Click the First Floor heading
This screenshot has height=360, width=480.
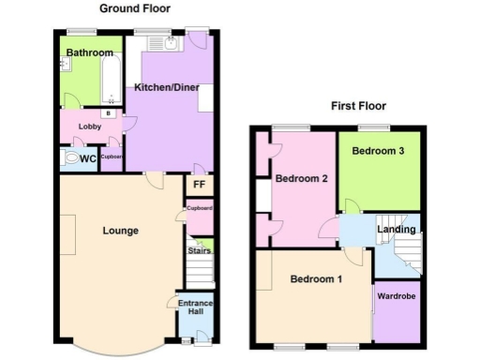point(358,106)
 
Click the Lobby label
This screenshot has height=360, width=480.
point(90,127)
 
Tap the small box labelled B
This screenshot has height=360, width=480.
point(109,113)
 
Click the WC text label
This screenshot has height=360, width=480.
point(87,159)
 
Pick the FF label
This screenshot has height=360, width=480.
point(199,185)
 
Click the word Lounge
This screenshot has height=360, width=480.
point(121,231)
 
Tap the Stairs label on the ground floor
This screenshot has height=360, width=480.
point(199,250)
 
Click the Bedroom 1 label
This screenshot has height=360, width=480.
point(315,279)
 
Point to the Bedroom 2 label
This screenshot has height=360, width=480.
point(300,179)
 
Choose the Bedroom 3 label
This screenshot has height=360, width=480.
point(378,151)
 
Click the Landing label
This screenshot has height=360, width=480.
point(397,229)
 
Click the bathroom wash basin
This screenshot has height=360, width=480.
point(66,64)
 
